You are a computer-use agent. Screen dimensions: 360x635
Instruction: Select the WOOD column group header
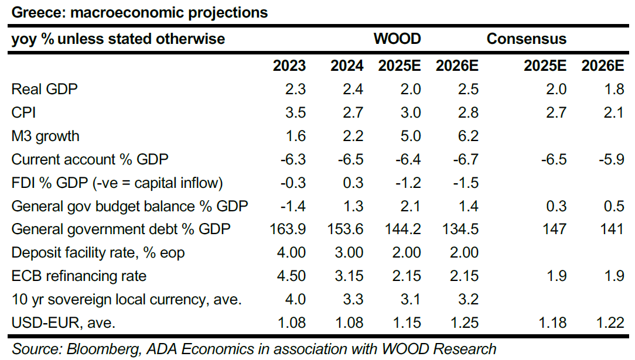click(x=397, y=39)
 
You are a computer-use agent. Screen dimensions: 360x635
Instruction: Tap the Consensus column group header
click(x=527, y=39)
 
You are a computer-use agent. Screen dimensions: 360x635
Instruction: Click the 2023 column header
click(x=289, y=66)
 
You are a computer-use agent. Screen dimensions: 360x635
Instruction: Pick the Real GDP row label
click(x=45, y=89)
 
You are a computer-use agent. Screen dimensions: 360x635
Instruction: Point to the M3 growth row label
click(x=46, y=136)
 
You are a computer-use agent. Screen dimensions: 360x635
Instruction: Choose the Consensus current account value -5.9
click(x=610, y=159)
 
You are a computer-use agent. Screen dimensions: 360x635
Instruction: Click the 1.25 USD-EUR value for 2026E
click(x=463, y=322)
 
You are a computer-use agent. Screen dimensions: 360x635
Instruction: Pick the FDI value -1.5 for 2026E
click(x=466, y=183)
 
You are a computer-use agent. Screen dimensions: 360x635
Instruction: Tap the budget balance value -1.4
click(x=292, y=205)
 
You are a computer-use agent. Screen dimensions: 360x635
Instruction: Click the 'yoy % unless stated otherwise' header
click(x=118, y=39)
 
